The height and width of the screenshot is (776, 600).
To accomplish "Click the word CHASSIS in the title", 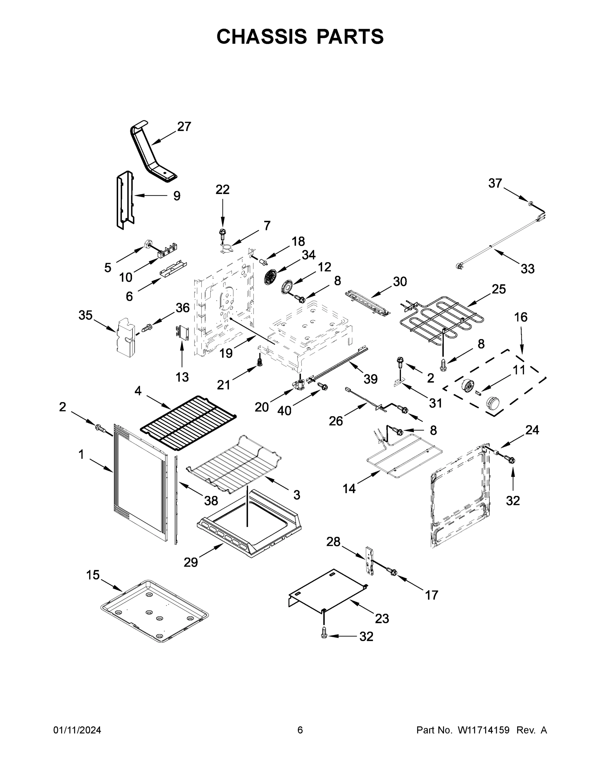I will [x=262, y=36].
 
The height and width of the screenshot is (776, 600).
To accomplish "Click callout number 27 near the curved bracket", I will [x=184, y=126].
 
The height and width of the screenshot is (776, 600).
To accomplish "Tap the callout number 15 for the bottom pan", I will [x=93, y=575].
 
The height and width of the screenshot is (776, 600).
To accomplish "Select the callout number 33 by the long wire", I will [x=528, y=269].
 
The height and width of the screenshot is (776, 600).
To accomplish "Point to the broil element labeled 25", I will [x=441, y=318].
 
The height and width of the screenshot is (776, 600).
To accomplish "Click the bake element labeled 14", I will [x=405, y=458].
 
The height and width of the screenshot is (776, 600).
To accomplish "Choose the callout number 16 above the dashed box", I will [x=521, y=317].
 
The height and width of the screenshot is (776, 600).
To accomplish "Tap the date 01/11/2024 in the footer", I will [x=77, y=730].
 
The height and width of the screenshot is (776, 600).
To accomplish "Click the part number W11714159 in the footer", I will [x=484, y=730].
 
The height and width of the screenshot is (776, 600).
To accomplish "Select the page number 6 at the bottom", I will [x=300, y=730].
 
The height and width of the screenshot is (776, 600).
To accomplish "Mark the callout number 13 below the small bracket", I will [x=182, y=377].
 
